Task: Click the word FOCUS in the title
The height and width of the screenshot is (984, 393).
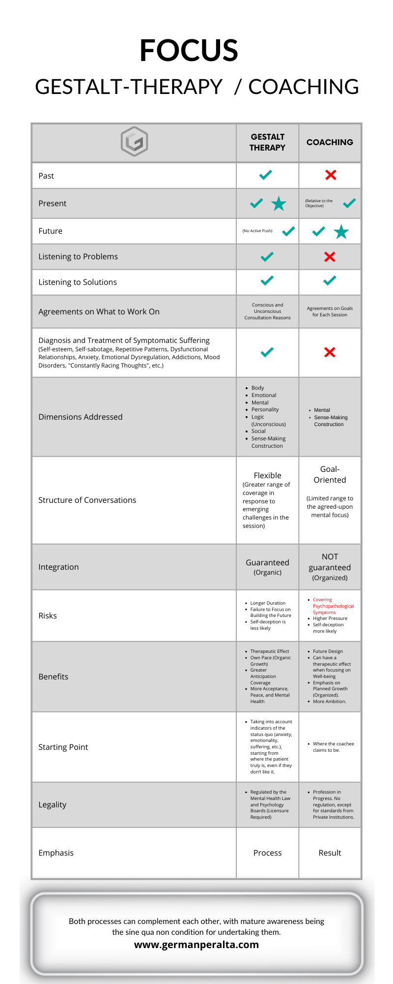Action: click(189, 50)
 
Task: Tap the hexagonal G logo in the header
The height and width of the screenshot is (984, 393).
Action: click(134, 142)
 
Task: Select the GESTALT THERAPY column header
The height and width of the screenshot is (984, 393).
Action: click(267, 142)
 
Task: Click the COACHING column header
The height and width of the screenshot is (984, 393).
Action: click(330, 142)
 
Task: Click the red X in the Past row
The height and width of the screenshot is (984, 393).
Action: click(331, 175)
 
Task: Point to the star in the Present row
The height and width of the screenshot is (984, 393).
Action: click(279, 203)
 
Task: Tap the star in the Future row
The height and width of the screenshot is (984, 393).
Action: click(341, 231)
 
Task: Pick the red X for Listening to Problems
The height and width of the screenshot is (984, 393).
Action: click(330, 257)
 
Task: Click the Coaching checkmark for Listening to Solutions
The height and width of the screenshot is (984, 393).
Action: click(330, 280)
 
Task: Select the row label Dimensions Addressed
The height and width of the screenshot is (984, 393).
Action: click(81, 417)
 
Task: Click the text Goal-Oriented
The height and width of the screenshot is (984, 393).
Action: click(330, 474)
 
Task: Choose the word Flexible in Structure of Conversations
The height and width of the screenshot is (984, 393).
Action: click(267, 475)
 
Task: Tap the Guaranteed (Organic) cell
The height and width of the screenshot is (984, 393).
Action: click(267, 567)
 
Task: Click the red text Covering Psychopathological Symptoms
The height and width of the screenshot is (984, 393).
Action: click(333, 606)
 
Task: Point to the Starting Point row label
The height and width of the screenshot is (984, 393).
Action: click(63, 747)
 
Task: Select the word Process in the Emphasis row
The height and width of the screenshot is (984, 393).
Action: click(267, 853)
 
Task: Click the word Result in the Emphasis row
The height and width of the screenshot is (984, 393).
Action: click(330, 853)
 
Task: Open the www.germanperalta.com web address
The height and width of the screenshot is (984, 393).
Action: click(196, 945)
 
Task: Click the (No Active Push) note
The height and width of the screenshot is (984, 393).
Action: click(257, 231)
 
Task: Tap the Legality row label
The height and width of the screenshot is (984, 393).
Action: click(53, 804)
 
